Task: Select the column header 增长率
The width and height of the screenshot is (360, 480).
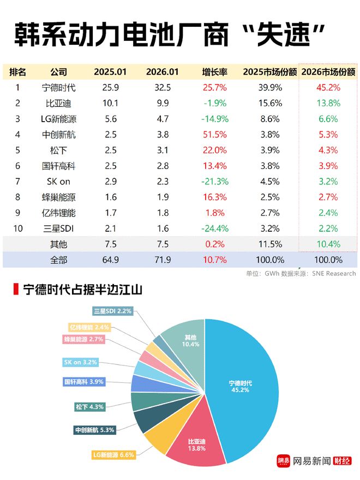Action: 215,72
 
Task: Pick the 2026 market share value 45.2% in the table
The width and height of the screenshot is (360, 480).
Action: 328,87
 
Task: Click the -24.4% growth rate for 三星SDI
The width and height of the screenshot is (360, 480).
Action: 215,229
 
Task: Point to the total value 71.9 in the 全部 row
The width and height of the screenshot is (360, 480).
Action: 161,260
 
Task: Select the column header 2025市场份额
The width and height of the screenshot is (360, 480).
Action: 269,72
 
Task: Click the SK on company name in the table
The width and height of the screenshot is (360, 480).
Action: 58,182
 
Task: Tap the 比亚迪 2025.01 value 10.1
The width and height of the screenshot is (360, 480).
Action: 110,103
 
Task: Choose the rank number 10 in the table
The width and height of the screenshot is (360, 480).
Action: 17,229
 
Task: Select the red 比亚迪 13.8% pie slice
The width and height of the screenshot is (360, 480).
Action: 196,442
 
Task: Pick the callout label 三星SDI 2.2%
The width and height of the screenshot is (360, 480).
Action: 112,311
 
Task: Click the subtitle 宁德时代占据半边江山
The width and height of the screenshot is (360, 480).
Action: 82,290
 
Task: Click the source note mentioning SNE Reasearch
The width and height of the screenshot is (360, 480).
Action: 301,273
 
